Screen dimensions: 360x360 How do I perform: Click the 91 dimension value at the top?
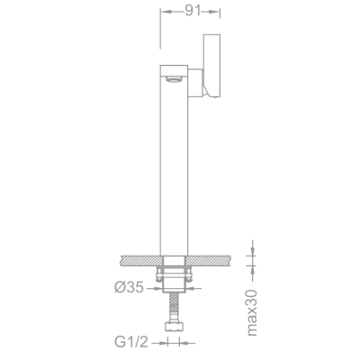191,13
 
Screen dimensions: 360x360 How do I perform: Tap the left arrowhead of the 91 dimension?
164,13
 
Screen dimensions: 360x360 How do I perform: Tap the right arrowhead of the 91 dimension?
216,13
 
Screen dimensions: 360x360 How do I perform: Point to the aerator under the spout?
173,80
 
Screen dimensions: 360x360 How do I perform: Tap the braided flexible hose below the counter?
174,310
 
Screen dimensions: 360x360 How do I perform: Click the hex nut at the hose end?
174,326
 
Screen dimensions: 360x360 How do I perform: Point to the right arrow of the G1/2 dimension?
184,343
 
